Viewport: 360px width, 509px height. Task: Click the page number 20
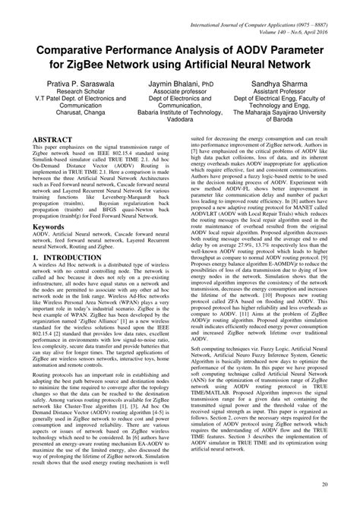(325, 484)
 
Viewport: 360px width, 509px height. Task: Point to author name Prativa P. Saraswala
(72, 80)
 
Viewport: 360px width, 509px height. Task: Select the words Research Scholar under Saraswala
(73, 89)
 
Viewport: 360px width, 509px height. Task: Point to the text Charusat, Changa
(73, 107)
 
